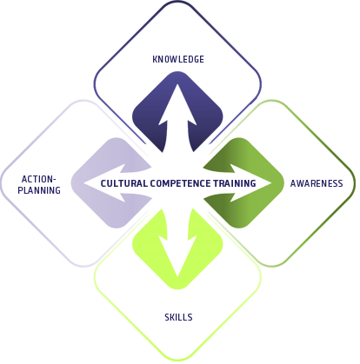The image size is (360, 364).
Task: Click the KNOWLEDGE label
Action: pos(178,59)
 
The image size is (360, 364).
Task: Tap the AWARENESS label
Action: pos(317,183)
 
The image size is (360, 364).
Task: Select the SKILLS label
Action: pos(178,317)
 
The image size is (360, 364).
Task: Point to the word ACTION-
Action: pos(38,179)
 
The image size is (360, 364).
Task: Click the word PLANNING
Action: pos(39,190)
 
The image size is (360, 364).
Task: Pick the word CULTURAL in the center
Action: pos(124,183)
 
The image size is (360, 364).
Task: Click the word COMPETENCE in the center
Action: pos(181,183)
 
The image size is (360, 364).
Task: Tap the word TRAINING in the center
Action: pos(235,183)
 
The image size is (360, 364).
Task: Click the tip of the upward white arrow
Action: pos(177,83)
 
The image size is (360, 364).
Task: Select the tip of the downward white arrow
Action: pos(177,277)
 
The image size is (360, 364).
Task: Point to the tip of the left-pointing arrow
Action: pos(84,183)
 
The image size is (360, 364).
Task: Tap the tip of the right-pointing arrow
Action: pos(271,183)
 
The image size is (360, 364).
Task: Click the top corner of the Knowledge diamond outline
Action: pos(177,2)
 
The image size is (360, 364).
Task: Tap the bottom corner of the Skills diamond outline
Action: pos(177,361)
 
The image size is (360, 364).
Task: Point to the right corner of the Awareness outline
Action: pos(355,183)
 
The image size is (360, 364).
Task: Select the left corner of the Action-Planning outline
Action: pos(1,183)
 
